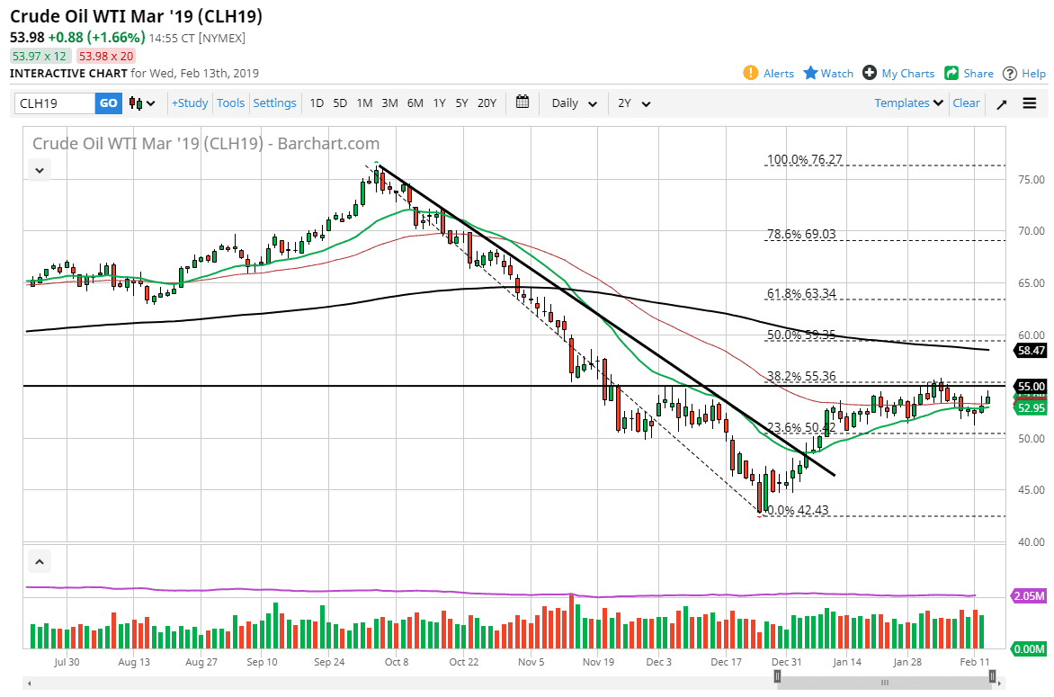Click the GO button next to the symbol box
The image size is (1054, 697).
(x=108, y=103)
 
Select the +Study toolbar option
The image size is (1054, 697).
(x=190, y=103)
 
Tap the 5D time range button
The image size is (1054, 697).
(x=340, y=103)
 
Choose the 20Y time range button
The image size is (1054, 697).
(x=487, y=103)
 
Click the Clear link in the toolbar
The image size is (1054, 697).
(x=966, y=103)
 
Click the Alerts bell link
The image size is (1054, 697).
(x=769, y=74)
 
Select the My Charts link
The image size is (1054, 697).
(x=898, y=74)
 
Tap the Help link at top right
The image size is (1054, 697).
(x=1024, y=74)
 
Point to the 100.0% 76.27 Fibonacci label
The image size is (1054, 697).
(x=804, y=160)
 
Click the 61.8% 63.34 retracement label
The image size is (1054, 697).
(x=801, y=293)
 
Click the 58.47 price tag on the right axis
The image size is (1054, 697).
(x=1028, y=350)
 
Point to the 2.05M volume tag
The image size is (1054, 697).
(x=1028, y=596)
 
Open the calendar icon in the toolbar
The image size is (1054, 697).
(x=523, y=103)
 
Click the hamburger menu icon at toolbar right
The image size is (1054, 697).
(x=1030, y=103)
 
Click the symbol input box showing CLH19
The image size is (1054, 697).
(x=54, y=103)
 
